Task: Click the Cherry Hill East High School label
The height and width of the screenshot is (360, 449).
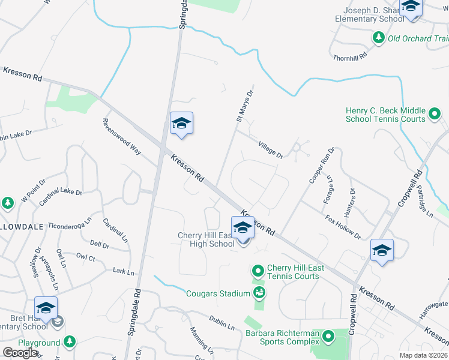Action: [206, 239]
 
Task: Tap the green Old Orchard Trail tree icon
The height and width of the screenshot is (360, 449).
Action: [379, 38]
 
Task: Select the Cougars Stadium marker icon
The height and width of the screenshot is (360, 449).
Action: [259, 293]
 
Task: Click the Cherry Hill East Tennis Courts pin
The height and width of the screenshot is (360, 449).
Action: [258, 271]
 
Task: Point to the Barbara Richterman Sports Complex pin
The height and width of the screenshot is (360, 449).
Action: [328, 337]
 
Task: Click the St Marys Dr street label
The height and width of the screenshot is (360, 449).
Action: [244, 104]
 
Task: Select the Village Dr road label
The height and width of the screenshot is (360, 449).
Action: [270, 150]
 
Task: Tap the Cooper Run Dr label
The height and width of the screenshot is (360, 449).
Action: [322, 165]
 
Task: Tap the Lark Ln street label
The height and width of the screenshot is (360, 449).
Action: [124, 272]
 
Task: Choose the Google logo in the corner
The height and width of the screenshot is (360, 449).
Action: [20, 353]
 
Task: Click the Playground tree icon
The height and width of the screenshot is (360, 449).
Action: [70, 342]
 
